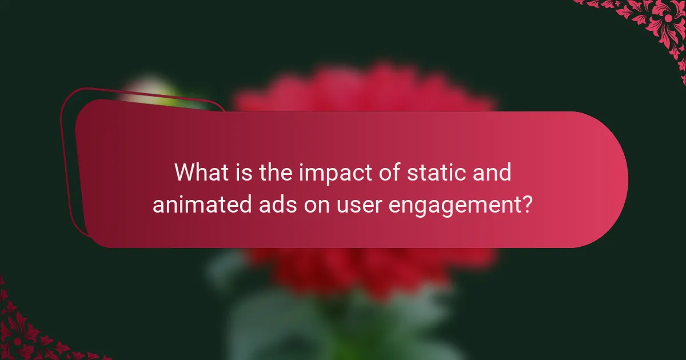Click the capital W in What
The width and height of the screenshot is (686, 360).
pos(186,172)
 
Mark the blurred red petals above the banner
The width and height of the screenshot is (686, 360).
pos(366,91)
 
